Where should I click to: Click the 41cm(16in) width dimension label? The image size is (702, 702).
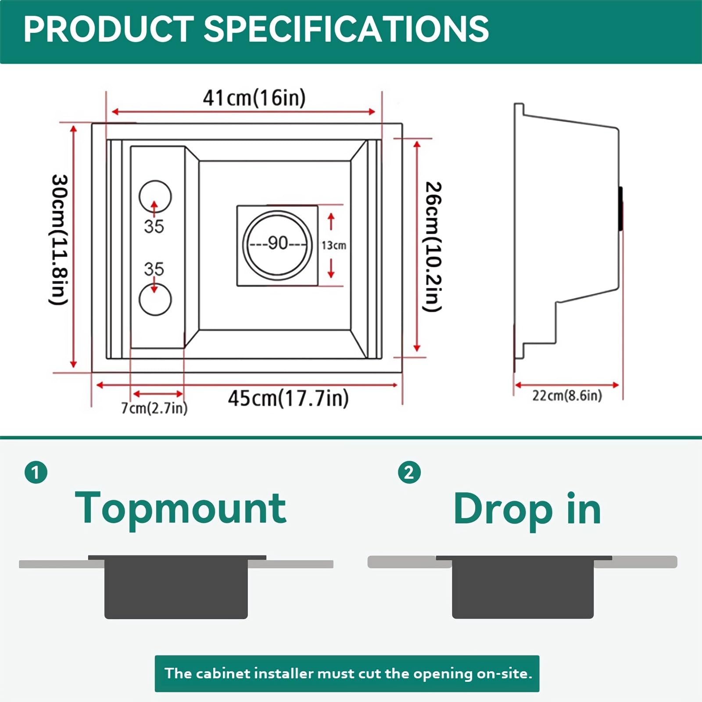(x=254, y=97)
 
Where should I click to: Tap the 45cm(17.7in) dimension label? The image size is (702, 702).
(x=288, y=398)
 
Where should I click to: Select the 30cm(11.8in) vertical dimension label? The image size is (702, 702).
(x=59, y=240)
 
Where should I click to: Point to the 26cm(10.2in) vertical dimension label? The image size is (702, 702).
(x=433, y=247)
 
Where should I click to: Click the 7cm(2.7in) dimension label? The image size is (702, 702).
(x=154, y=408)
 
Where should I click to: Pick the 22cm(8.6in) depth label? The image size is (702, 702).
(x=567, y=395)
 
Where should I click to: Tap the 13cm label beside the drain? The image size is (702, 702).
(x=334, y=245)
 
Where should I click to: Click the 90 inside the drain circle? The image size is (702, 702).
(x=278, y=243)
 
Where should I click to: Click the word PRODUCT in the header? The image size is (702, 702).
(x=108, y=29)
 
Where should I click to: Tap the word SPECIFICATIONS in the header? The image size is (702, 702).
(x=346, y=29)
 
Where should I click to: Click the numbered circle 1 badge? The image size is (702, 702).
(x=36, y=473)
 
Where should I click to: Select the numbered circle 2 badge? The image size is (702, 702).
(x=409, y=473)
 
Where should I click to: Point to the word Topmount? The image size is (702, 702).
(x=181, y=509)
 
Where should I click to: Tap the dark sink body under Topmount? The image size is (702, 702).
(x=176, y=587)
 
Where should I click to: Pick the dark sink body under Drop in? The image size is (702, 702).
(x=523, y=587)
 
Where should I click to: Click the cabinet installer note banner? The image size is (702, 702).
(x=347, y=673)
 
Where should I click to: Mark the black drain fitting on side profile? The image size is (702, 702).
(x=620, y=208)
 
